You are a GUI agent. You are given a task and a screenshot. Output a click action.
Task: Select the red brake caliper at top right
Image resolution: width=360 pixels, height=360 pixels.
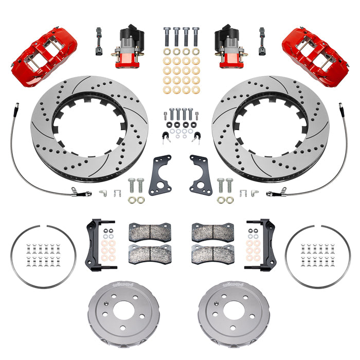(315, 50)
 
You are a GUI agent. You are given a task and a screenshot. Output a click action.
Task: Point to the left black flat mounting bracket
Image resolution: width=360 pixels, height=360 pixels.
(160, 174)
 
